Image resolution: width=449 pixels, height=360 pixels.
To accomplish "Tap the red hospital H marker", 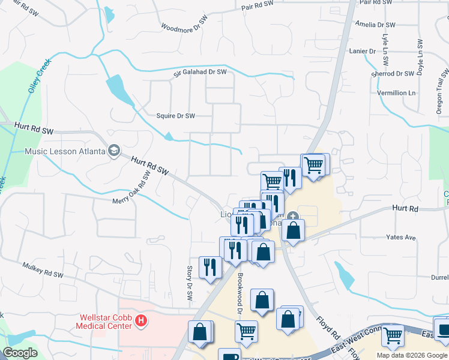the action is point(141,322).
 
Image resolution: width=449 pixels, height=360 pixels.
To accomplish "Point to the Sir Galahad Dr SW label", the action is point(200,73).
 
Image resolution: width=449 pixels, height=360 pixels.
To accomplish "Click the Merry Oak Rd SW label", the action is point(131,193).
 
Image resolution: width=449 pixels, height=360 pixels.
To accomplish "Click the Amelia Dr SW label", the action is point(375,25).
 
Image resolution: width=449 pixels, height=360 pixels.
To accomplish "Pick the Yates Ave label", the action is point(402,238).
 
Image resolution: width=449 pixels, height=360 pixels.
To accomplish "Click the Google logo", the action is point(20,353).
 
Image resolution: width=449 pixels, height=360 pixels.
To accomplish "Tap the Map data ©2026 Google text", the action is point(412,355).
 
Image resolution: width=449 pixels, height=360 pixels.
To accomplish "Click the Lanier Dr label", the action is point(362,52).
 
